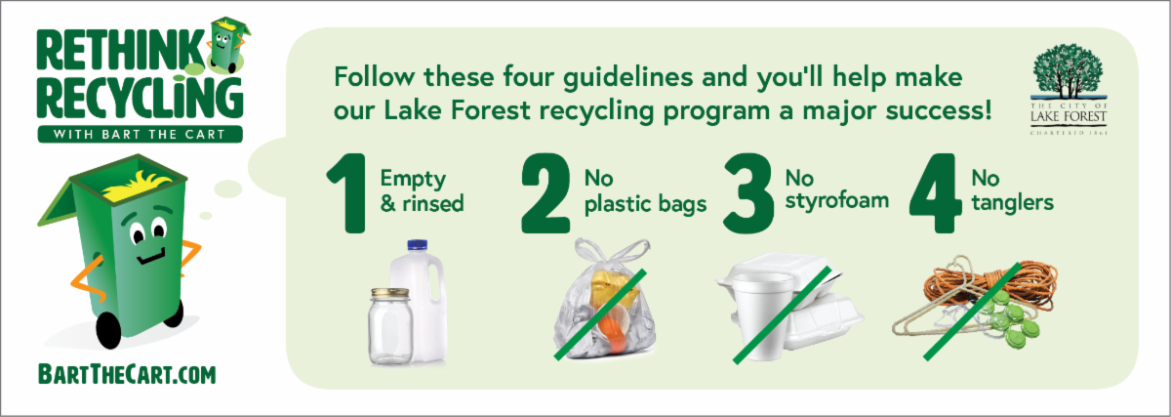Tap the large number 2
tap(545, 193)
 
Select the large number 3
tap(748, 193)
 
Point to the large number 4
tap(935, 193)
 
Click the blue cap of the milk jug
tap(418, 245)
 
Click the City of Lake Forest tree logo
tap(1069, 89)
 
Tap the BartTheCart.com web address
tap(127, 375)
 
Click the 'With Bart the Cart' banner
tap(140, 134)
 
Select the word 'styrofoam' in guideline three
tap(837, 201)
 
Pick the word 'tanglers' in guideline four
tap(1012, 203)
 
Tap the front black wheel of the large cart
tap(108, 331)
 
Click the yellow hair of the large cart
tap(137, 186)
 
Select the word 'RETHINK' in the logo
tap(120, 50)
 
